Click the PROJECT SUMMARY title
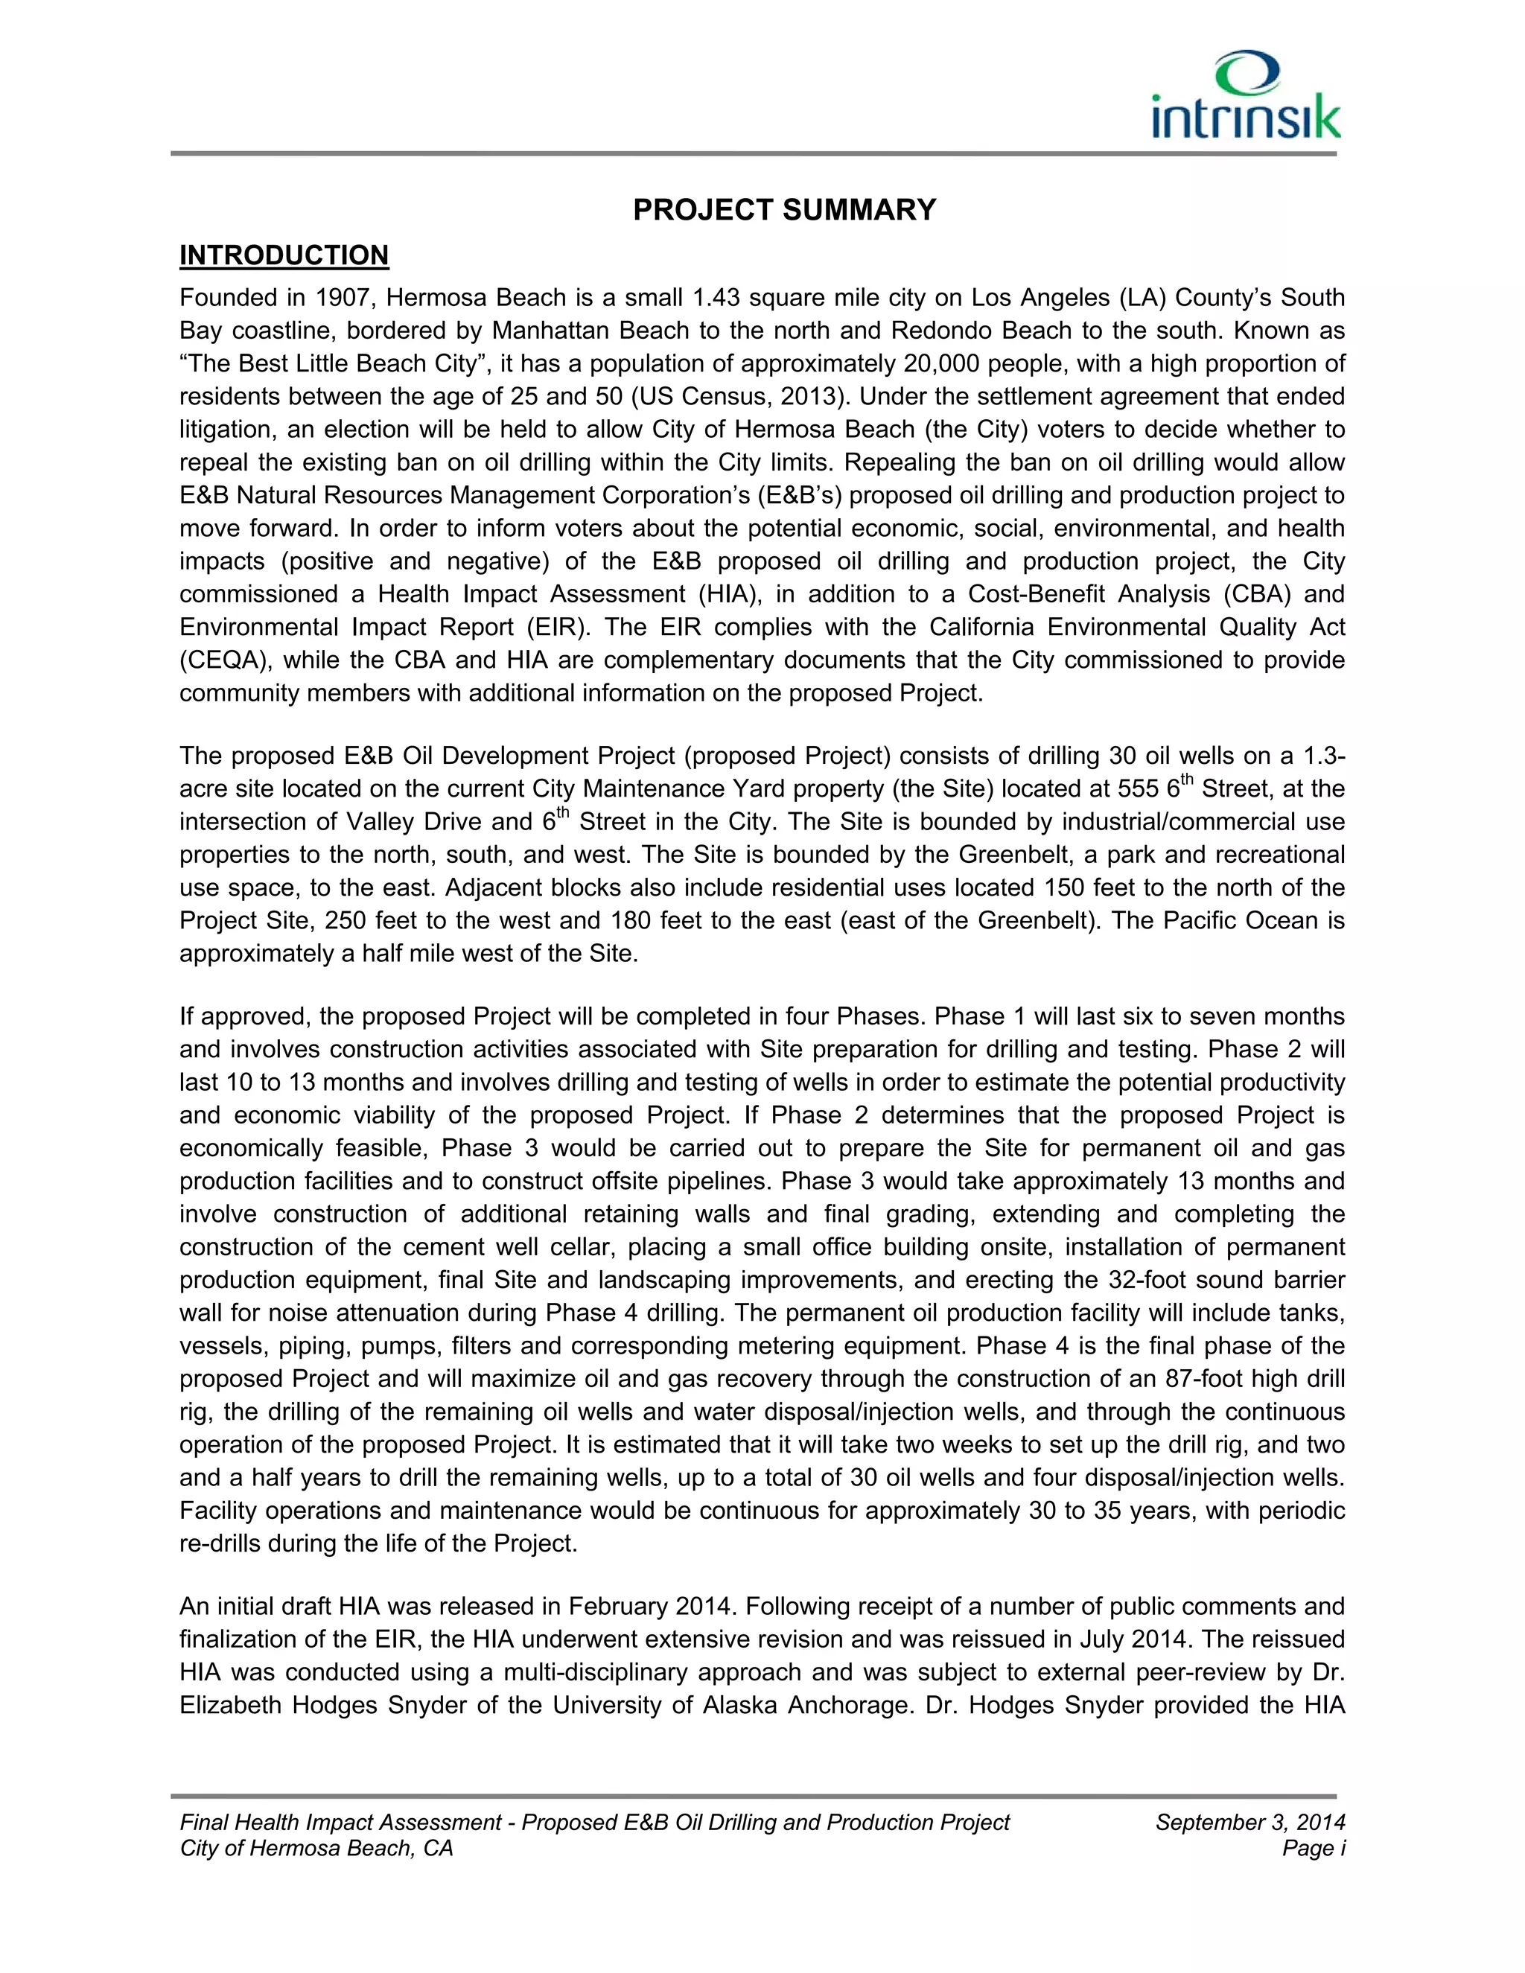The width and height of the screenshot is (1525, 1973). (784, 211)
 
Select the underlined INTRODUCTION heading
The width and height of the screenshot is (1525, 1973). (284, 255)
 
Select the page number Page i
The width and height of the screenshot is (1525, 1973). (1313, 1849)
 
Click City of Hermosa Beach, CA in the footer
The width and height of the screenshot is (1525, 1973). (316, 1849)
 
